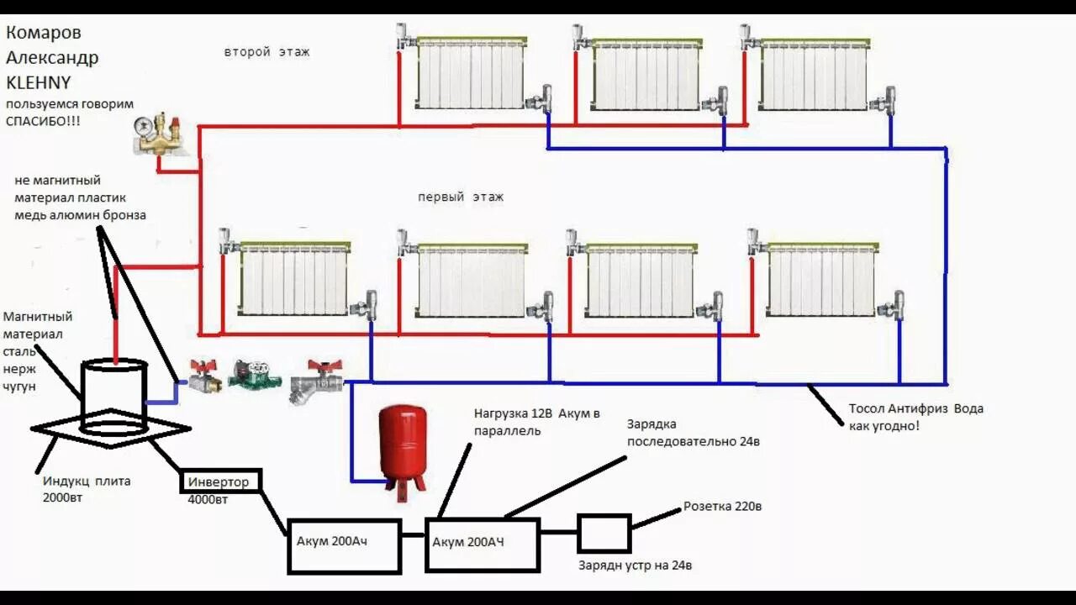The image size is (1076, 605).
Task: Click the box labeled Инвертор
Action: (x=220, y=481)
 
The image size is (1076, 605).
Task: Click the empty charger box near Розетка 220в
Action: (x=604, y=533)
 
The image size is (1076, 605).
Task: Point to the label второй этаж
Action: (x=266, y=52)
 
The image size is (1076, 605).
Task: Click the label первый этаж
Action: (x=461, y=197)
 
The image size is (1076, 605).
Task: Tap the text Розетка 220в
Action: (x=722, y=507)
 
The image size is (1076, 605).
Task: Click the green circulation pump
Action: (x=255, y=375)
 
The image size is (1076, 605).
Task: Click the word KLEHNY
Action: (x=39, y=82)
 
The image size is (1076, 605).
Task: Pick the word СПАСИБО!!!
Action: (x=43, y=121)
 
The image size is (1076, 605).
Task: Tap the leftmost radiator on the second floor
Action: (x=472, y=74)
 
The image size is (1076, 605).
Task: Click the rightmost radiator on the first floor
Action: (x=822, y=281)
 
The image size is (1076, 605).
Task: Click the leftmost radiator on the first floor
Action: (x=293, y=281)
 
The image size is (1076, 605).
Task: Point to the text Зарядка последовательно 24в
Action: (x=693, y=433)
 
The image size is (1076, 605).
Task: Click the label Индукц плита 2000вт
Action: (x=87, y=489)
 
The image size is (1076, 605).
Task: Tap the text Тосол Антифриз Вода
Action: (x=915, y=409)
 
